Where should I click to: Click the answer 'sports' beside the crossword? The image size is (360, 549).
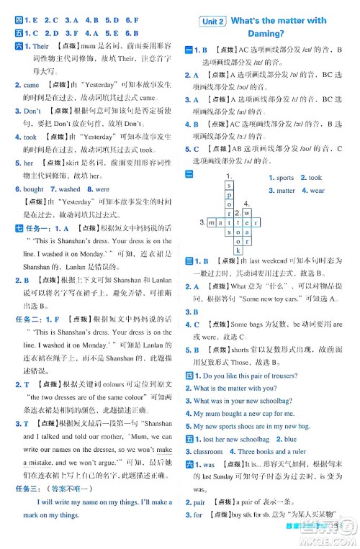[x=284, y=178]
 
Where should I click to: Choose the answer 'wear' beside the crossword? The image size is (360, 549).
[x=317, y=191]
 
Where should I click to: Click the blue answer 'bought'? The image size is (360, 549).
[x=33, y=189]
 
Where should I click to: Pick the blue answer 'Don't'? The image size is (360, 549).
[x=32, y=112]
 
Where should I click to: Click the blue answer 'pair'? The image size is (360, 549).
[x=199, y=521]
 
